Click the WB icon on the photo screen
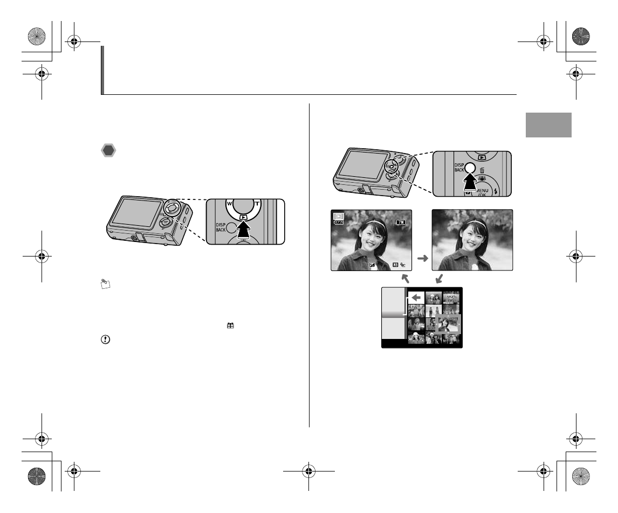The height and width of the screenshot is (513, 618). click(395, 265)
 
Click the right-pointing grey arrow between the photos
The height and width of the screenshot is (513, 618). click(423, 259)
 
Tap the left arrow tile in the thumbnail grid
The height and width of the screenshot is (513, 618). click(415, 297)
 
